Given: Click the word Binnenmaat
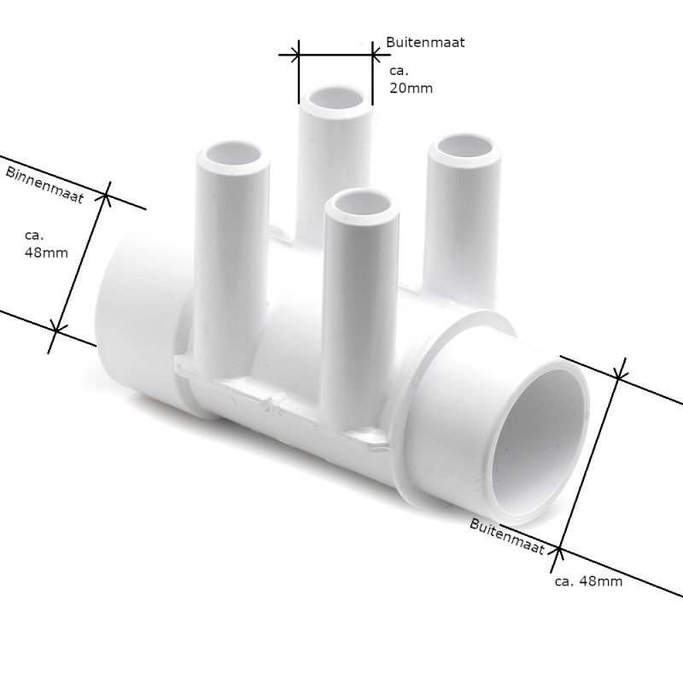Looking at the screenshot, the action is (44, 184).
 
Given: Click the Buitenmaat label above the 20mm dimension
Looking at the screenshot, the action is (425, 42).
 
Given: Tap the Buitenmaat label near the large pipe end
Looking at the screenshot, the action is (507, 536).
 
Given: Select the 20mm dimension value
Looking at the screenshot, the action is (411, 89).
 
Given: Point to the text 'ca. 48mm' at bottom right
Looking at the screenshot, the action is (588, 581).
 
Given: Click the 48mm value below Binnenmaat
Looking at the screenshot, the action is (46, 253).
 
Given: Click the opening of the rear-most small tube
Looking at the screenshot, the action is (335, 98).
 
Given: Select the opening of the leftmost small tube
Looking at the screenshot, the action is (232, 153).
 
